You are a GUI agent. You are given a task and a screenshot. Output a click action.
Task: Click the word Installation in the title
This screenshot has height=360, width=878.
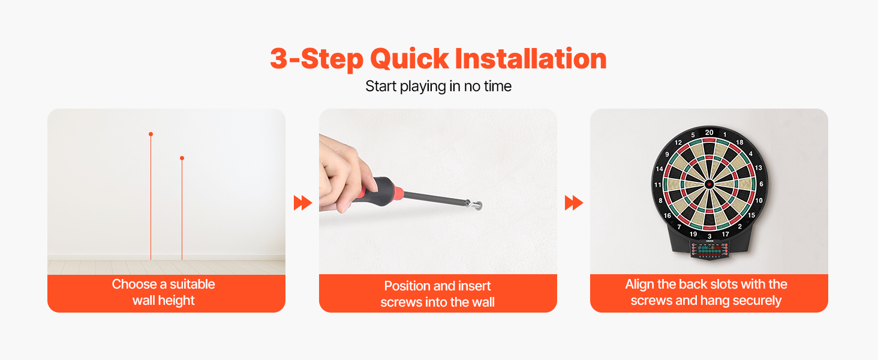coord(531,58)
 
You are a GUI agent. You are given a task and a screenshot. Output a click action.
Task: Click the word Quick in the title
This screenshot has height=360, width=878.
coord(409,59)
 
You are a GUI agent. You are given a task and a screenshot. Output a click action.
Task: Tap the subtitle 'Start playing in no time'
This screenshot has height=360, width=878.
coord(438,86)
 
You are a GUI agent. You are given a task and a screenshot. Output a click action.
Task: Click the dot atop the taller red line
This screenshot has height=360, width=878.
coord(151,134)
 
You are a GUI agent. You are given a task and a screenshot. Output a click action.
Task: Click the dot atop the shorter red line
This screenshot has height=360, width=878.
coord(182,158)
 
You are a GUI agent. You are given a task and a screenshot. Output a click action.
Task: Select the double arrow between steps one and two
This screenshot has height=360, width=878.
coord(303,203)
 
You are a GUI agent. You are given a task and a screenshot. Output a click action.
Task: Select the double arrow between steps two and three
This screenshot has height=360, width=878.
coord(574,203)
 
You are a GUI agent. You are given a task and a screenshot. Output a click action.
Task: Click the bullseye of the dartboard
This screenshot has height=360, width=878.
coord(709,184)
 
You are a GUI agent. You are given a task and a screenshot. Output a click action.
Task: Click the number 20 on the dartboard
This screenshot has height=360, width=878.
coord(709,133)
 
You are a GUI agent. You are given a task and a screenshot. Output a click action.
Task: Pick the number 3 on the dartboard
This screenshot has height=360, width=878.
coord(709,236)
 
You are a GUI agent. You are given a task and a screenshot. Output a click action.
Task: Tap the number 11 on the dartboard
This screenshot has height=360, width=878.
coord(658,185)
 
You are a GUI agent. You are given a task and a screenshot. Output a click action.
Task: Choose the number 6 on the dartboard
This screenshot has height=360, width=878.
coord(761,184)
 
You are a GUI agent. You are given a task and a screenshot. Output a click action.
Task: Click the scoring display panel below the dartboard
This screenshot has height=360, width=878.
coord(709,250)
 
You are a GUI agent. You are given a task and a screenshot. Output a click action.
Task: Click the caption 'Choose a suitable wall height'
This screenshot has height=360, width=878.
coord(164,292)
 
